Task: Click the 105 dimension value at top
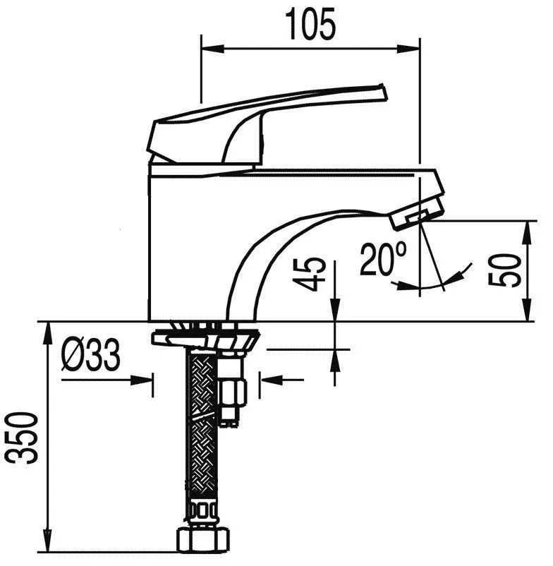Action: point(310,25)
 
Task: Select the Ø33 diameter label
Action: point(90,356)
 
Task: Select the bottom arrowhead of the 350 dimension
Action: point(47,547)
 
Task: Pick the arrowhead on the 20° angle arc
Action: point(465,269)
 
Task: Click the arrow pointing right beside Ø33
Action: point(145,381)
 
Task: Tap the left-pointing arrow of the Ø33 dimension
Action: point(269,381)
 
